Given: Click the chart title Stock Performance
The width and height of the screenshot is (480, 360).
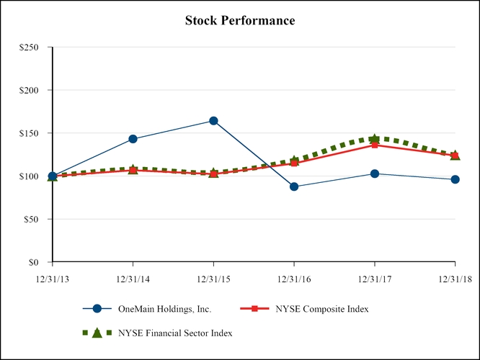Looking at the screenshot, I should pos(240,20).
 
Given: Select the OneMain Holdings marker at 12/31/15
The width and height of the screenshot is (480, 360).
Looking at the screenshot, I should pos(213,121).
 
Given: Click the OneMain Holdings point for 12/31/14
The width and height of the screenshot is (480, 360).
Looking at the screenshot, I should pos(133,139).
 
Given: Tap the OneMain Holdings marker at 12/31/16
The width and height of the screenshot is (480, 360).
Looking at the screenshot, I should pos(294,186).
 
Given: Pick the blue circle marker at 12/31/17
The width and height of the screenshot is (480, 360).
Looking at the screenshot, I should pos(375,174).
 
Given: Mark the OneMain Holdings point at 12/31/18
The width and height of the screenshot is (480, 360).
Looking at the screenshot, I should pos(455,179).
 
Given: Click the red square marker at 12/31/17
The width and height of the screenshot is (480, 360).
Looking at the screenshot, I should pos(375,145).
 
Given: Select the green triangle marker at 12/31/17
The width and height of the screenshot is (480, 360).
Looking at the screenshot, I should pos(375,138).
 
